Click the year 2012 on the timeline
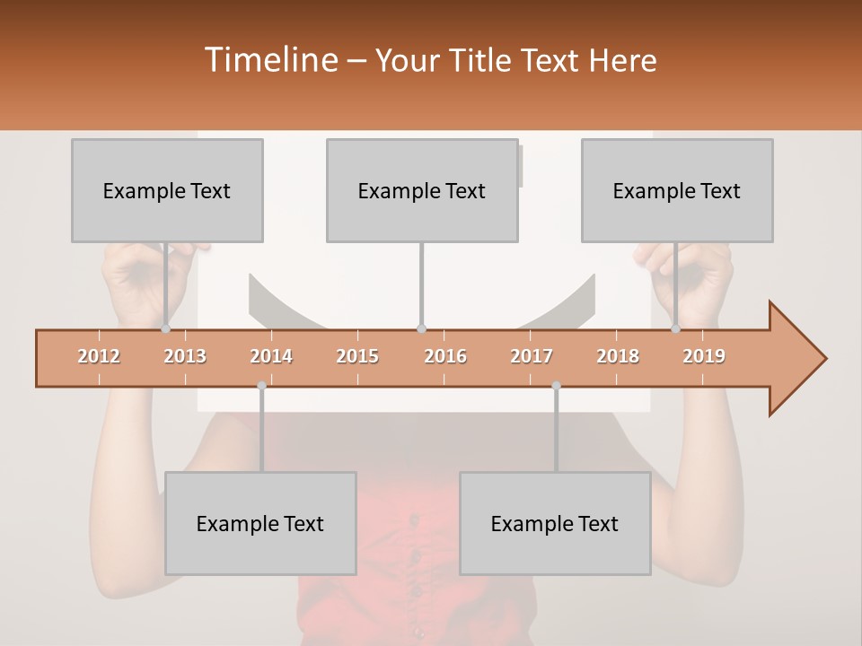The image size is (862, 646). click(x=99, y=357)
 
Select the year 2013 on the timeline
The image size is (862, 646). click(x=185, y=357)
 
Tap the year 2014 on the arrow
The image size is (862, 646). click(x=271, y=357)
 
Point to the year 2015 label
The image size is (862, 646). click(x=357, y=357)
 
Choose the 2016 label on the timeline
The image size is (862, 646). click(x=445, y=357)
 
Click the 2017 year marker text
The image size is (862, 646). click(x=532, y=357)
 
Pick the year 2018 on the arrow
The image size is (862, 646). click(x=618, y=357)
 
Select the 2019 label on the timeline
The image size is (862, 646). click(x=704, y=357)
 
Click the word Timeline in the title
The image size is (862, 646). click(x=269, y=60)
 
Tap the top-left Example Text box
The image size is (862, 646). click(x=167, y=190)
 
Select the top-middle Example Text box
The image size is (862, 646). click(x=422, y=190)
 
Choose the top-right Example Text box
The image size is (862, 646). click(x=677, y=190)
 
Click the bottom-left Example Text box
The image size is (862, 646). click(x=260, y=523)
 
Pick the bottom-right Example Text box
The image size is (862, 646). click(x=555, y=523)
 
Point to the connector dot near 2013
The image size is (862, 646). click(x=166, y=329)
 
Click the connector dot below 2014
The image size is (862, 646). click(x=261, y=386)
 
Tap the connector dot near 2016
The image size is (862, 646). click(x=422, y=329)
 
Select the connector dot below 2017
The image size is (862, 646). click(x=556, y=386)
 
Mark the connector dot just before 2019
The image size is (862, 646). click(x=676, y=329)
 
